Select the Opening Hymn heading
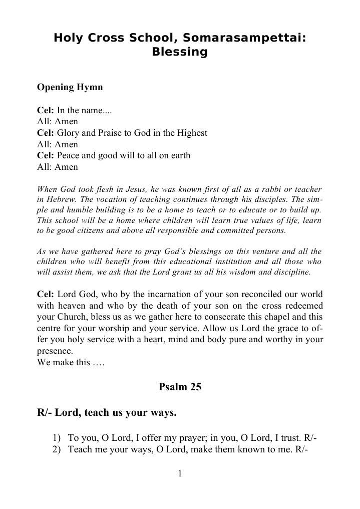(70, 87)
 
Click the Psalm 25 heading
(180, 387)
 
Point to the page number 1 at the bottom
(180, 474)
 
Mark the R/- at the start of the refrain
(45, 413)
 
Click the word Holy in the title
(69, 38)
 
